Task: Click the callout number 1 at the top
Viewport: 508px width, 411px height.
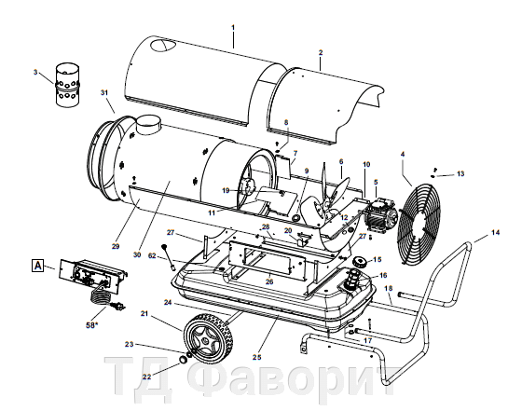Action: tap(233, 27)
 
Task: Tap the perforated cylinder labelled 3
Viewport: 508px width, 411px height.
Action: tap(67, 85)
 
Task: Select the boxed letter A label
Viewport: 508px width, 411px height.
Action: tap(38, 266)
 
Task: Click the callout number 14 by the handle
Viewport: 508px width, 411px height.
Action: tap(495, 233)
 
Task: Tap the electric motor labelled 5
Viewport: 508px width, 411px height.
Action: tap(379, 214)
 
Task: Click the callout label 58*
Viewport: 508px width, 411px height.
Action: tap(91, 325)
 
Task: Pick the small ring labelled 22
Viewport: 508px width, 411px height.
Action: tap(184, 360)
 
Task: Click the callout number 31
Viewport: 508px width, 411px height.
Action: tap(104, 92)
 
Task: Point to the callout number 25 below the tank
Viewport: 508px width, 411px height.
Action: tap(257, 357)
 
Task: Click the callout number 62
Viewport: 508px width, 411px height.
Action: tap(152, 256)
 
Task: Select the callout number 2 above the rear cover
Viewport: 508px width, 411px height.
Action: tap(321, 52)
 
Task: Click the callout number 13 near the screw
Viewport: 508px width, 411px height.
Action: tap(460, 174)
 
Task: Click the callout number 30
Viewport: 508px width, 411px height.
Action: tap(137, 254)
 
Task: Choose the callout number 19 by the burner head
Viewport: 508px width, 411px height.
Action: tap(226, 190)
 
